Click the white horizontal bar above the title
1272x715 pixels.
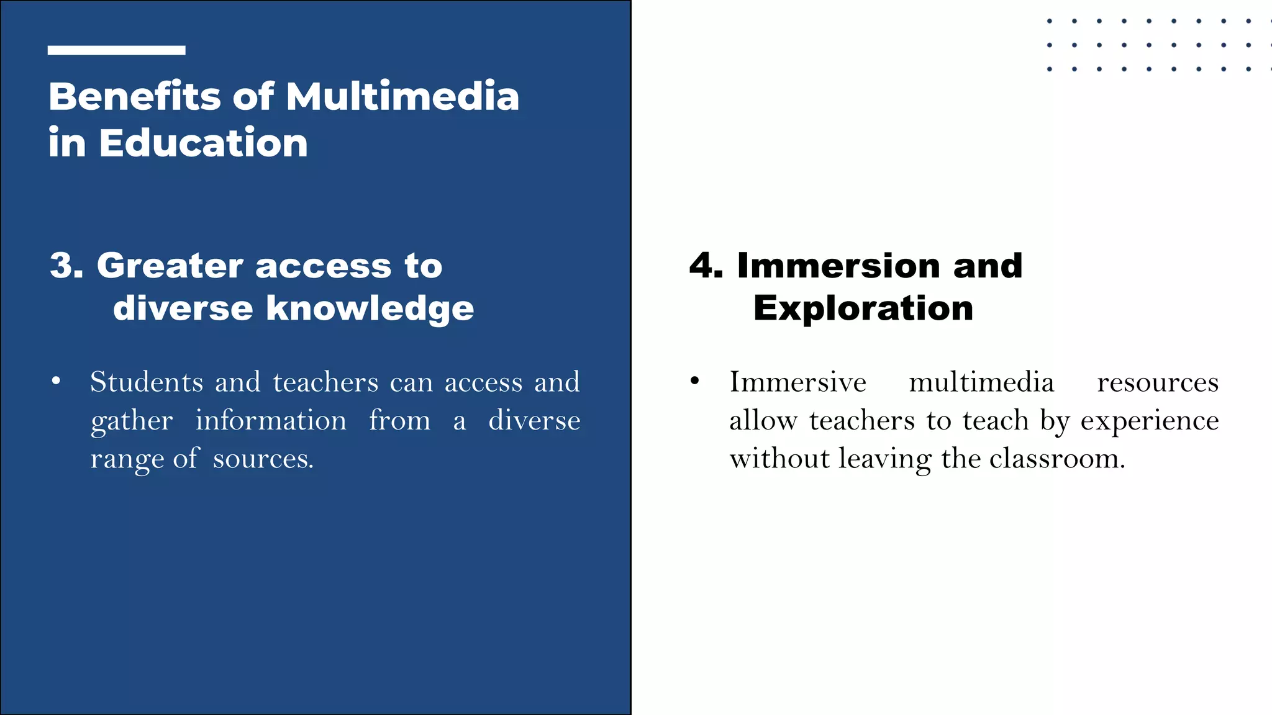[x=116, y=50]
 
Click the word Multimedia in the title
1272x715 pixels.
[x=402, y=97]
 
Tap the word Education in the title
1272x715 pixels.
[x=203, y=143]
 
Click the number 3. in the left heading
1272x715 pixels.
[x=66, y=266]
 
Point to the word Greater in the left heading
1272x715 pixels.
[x=170, y=266]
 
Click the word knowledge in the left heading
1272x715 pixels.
[x=370, y=308]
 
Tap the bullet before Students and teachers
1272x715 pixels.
[x=57, y=381]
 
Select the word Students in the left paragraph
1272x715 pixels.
[x=147, y=382]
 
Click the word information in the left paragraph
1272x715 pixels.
[x=271, y=421]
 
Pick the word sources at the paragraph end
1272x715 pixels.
[x=263, y=459]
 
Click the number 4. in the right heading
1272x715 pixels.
[x=706, y=266]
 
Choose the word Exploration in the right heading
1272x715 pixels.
[x=863, y=308]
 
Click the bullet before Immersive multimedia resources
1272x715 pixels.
[x=695, y=381]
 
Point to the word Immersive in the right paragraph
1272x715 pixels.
[x=797, y=382]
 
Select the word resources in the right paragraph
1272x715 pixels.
[x=1158, y=382]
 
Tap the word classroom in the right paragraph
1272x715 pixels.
[x=1056, y=459]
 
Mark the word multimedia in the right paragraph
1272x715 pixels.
[x=981, y=382]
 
